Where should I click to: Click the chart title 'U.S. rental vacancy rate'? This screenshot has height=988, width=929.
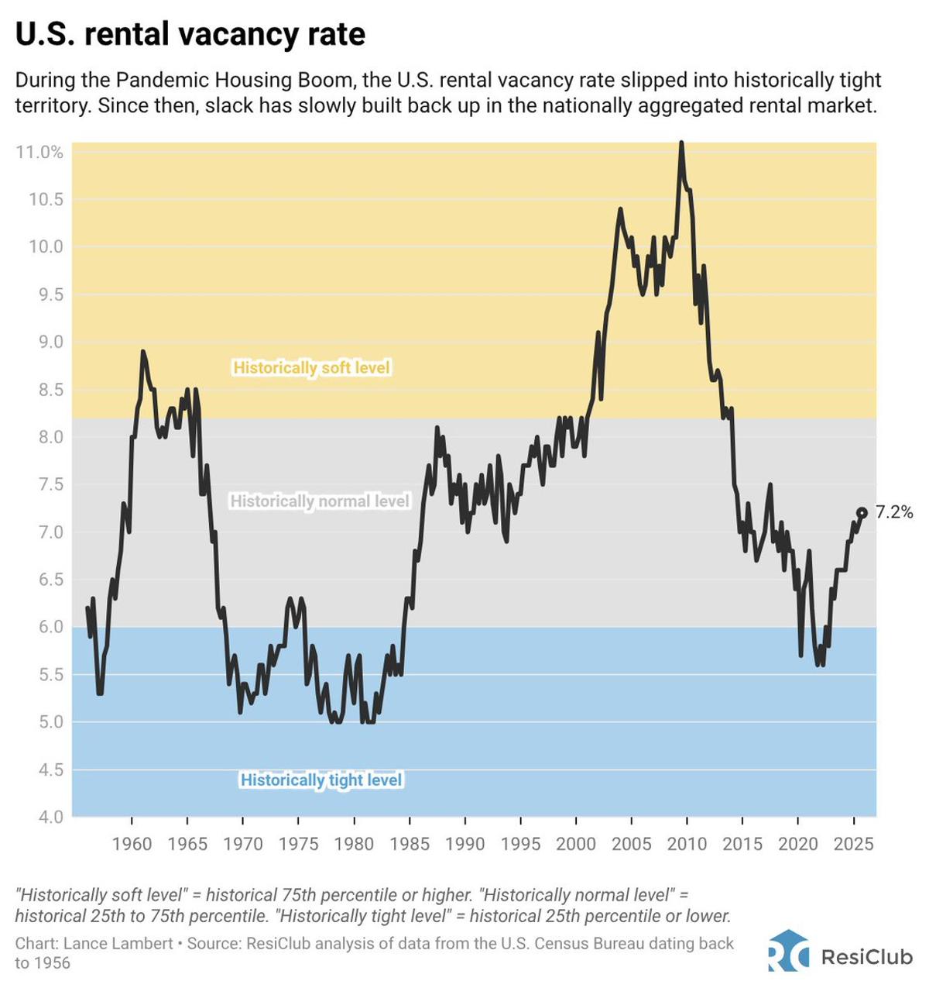190,34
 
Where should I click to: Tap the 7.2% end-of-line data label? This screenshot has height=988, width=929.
894,512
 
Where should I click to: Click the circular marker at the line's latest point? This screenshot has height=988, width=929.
862,512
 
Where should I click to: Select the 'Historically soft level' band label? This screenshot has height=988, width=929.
311,367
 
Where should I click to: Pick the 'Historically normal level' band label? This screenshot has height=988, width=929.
319,501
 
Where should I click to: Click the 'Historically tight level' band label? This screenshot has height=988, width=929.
321,780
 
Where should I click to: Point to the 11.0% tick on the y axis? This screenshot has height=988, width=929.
39,152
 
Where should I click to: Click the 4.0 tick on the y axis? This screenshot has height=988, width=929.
47,817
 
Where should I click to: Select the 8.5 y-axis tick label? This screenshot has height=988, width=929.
47,390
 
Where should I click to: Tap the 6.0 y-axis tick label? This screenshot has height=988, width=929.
47,627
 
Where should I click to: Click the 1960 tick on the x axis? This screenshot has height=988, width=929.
132,844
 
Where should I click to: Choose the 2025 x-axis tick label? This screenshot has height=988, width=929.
853,844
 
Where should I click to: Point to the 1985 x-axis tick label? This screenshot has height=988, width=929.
410,844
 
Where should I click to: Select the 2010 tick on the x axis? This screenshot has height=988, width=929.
687,844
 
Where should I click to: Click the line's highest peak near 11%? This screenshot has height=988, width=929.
681,144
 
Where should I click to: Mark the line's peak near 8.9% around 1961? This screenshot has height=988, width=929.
143,352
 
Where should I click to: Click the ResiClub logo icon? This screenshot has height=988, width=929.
788,951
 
